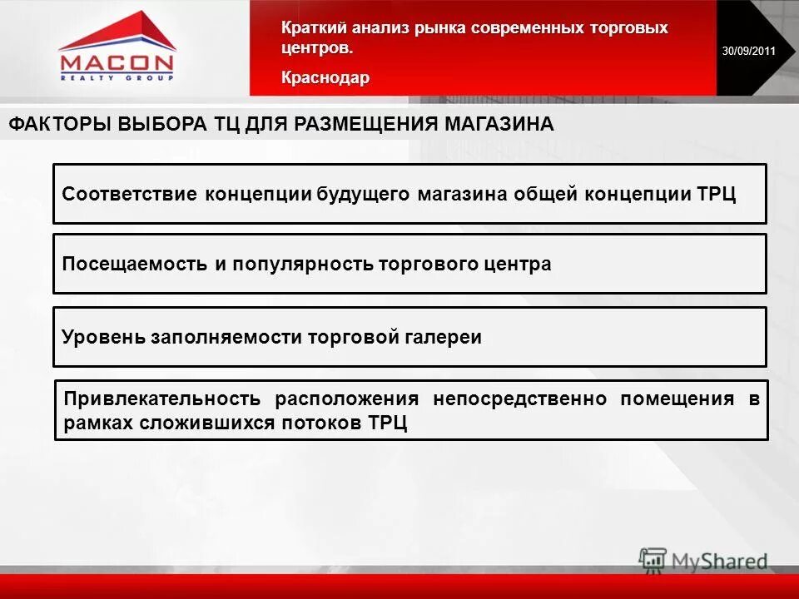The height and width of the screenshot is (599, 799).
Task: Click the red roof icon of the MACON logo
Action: (x=117, y=33)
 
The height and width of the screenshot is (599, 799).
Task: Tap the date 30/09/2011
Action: (x=748, y=52)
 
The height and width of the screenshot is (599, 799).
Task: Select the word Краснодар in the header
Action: (x=325, y=77)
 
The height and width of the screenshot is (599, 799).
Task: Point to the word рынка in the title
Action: (x=439, y=29)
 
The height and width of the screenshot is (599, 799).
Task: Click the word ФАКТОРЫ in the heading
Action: (x=59, y=125)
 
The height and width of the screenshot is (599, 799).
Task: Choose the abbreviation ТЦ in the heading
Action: (x=228, y=125)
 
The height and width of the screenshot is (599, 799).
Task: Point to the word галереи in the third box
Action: (x=444, y=338)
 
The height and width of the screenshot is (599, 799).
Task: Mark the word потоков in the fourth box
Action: (x=321, y=422)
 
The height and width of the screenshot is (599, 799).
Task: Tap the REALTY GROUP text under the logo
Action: (x=117, y=77)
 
